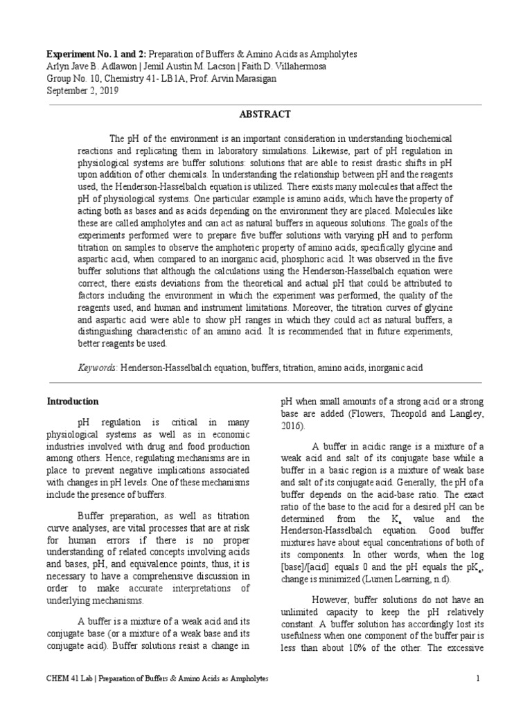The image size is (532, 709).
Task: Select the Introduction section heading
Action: (72, 402)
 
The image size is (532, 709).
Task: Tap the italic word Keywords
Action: (97, 369)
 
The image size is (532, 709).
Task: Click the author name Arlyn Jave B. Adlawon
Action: (89, 66)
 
